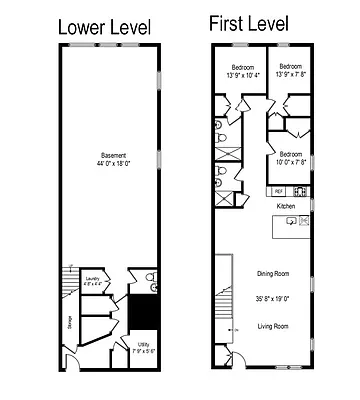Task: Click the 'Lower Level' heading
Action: [108, 27]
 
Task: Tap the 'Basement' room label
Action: [114, 154]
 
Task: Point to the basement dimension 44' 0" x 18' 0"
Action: [114, 163]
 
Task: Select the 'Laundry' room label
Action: [92, 279]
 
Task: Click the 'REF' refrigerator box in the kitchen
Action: [278, 190]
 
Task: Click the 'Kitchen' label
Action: [287, 206]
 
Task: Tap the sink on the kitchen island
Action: [291, 224]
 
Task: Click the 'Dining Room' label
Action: [273, 273]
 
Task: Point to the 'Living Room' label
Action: [273, 326]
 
